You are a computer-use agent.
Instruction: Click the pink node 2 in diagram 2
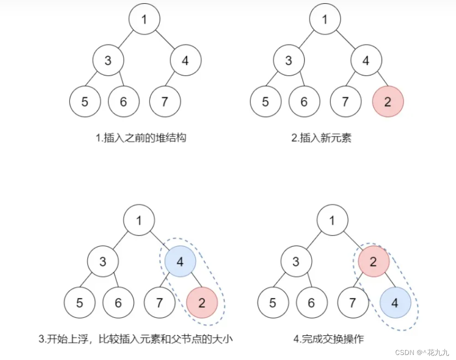388,101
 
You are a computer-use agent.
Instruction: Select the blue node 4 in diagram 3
180,262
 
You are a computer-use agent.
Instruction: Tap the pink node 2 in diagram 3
202,302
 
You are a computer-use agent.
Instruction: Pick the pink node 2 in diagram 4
373,262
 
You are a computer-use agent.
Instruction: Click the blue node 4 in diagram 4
395,302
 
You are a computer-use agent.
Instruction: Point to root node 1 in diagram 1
144,20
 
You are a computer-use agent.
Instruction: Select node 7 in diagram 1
165,101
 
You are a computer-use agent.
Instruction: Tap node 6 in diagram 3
118,302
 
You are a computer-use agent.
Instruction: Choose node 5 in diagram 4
273,302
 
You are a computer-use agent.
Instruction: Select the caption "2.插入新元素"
322,138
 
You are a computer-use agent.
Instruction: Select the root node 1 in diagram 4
332,221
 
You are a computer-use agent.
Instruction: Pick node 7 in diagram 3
159,302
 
